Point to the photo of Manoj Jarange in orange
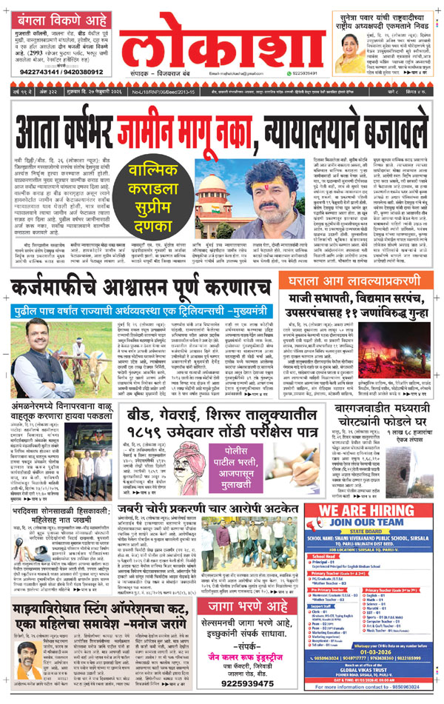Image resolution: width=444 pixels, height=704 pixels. pos(27,654)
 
